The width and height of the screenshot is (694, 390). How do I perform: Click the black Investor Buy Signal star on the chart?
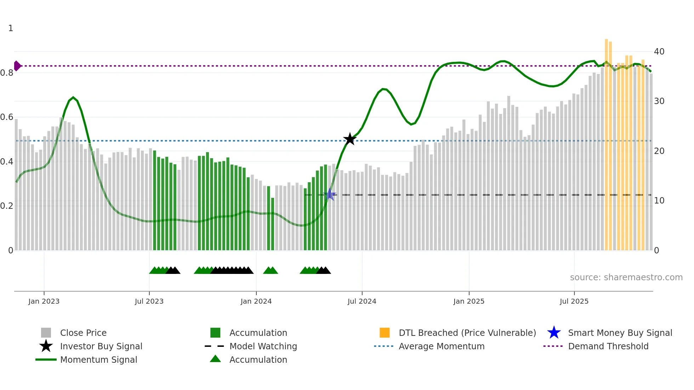click(350, 139)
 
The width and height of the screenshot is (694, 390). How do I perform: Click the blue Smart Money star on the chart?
click(330, 194)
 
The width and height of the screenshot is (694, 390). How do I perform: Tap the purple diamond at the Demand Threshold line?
click(17, 66)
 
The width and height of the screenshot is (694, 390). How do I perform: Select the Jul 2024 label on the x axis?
click(362, 301)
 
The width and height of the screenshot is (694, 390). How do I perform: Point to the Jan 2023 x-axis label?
click(44, 301)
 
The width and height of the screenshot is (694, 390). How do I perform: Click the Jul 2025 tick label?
click(574, 301)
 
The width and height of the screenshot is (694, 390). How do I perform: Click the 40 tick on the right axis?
click(659, 52)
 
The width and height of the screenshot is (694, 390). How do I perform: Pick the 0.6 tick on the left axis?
click(7, 117)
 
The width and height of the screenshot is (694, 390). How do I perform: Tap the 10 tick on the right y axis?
click(659, 201)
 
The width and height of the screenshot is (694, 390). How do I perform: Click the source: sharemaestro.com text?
click(626, 277)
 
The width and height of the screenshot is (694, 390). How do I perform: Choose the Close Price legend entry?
click(83, 333)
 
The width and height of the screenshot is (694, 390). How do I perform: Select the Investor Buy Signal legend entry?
click(101, 346)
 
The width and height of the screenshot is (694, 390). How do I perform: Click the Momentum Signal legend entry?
click(98, 360)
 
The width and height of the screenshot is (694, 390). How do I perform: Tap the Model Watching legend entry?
click(263, 346)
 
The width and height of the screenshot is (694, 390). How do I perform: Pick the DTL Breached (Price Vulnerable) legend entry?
click(467, 333)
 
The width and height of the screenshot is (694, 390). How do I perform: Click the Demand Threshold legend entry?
click(608, 346)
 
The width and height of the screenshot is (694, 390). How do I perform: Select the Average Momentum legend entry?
click(442, 346)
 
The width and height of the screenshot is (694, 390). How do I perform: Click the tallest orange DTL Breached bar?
click(606, 142)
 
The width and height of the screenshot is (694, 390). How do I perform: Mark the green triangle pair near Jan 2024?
click(271, 270)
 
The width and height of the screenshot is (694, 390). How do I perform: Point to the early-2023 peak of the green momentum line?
click(73, 97)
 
